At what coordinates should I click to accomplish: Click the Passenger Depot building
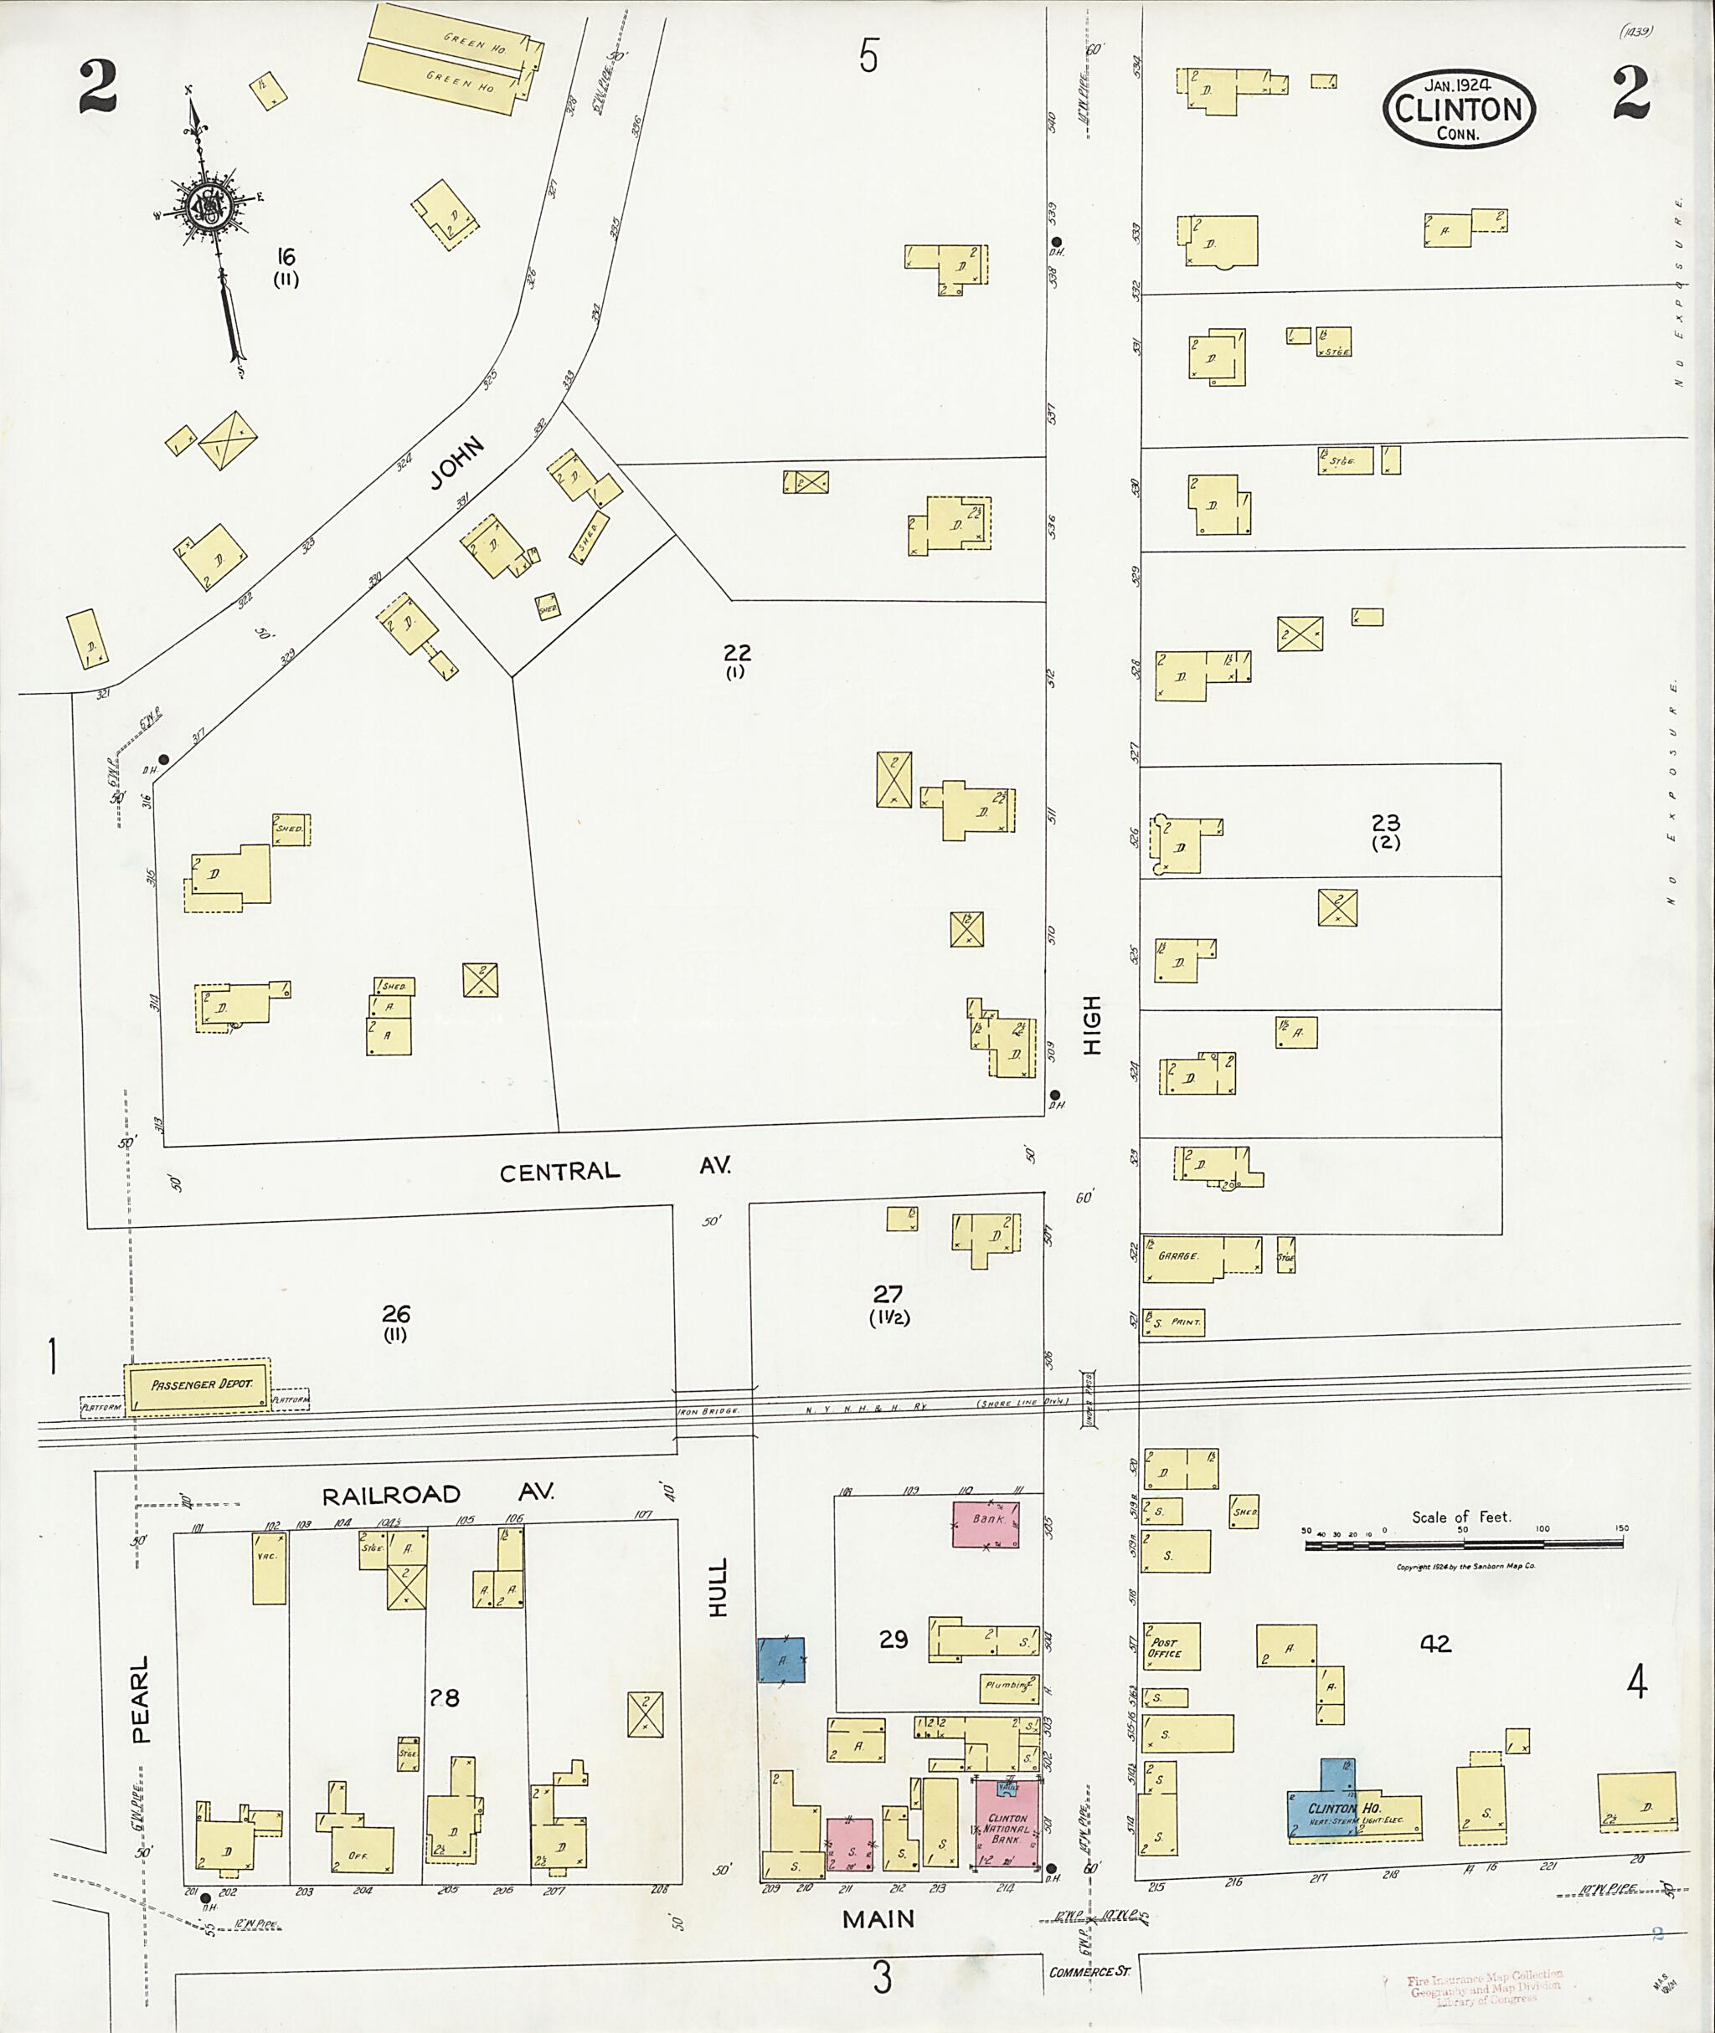click(197, 1384)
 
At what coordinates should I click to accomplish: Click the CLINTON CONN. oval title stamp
click(1458, 109)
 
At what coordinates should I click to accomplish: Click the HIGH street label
click(1092, 1024)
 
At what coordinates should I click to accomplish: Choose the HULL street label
click(718, 1588)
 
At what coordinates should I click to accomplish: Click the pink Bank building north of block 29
click(986, 1524)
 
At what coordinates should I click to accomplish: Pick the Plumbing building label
click(1007, 1686)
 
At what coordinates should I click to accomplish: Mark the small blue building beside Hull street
click(781, 1660)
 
